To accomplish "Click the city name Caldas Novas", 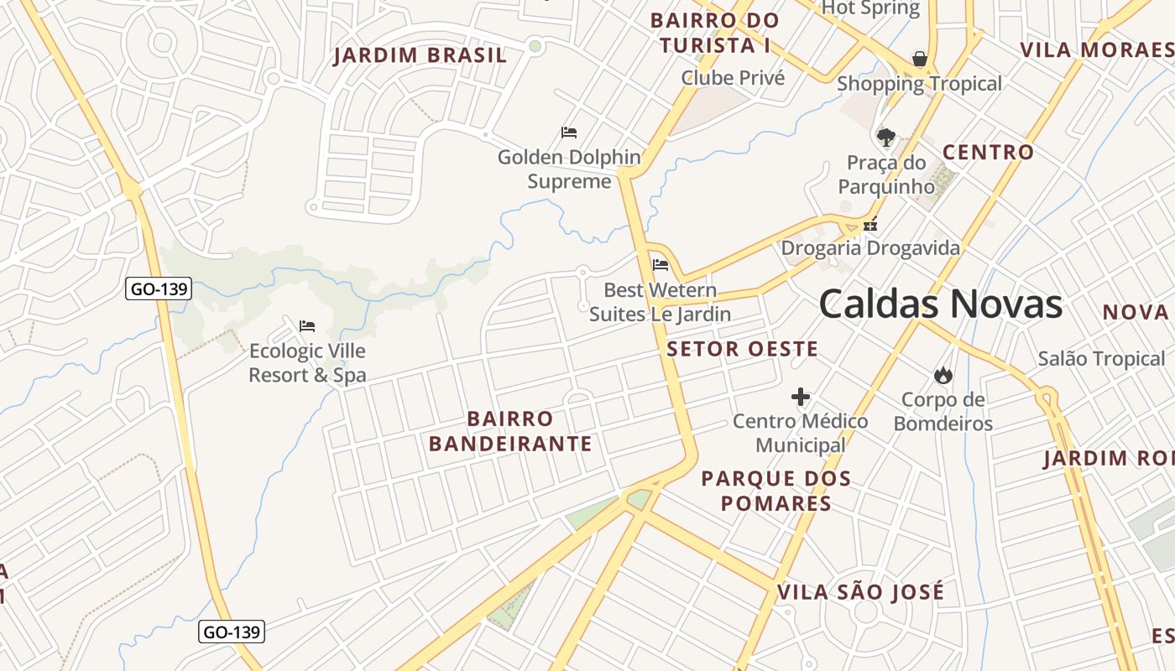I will click(940, 304).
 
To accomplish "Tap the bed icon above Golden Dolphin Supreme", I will click(569, 132).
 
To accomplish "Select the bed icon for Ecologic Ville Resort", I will click(307, 325).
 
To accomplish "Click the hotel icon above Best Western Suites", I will click(661, 265).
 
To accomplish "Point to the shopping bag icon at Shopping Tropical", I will click(920, 59).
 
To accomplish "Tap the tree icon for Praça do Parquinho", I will click(885, 137).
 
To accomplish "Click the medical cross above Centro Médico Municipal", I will click(801, 397).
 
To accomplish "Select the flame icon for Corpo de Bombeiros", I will click(943, 375).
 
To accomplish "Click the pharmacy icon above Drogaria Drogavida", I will click(870, 224).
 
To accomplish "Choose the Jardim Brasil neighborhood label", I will click(420, 56).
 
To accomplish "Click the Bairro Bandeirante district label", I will click(510, 431).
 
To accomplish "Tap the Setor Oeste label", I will click(742, 350).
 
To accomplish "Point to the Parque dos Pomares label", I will click(775, 492).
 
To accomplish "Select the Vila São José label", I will click(860, 592).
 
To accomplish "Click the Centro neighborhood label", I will click(988, 153).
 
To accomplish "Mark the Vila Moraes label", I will click(1096, 49).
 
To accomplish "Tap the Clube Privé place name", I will click(733, 78).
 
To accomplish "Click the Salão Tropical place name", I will click(1101, 359).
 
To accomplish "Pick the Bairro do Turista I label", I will click(714, 33).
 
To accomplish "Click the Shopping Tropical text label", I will click(919, 84).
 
